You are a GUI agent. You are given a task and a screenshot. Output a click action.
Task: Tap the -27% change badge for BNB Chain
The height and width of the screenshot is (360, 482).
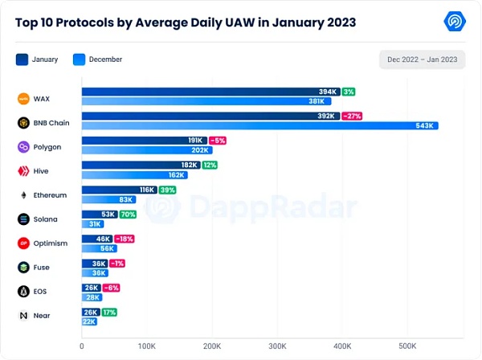(x=351, y=116)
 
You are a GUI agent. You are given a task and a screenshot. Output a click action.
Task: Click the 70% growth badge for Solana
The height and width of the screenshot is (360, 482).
(x=127, y=214)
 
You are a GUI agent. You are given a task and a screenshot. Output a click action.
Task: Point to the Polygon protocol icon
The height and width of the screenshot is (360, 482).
(x=24, y=147)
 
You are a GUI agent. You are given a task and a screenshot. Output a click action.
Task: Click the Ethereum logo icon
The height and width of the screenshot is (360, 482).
(x=24, y=195)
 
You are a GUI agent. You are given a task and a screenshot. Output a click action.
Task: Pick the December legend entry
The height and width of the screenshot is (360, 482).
(x=105, y=59)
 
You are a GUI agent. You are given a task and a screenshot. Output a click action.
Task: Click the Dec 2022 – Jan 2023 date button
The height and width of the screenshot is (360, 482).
(x=422, y=59)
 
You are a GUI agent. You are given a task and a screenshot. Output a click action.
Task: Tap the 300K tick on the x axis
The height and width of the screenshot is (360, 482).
(x=276, y=346)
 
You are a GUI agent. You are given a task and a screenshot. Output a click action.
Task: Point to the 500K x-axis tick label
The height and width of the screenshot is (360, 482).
(x=406, y=346)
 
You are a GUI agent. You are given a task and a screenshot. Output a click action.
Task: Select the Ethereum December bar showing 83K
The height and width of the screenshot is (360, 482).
(x=108, y=199)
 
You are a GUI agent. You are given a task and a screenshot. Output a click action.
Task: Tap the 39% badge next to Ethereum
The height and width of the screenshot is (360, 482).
(x=167, y=190)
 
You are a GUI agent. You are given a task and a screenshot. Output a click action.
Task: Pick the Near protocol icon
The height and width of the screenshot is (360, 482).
(x=24, y=316)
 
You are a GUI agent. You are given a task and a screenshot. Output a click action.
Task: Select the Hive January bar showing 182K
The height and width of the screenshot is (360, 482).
(x=141, y=165)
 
